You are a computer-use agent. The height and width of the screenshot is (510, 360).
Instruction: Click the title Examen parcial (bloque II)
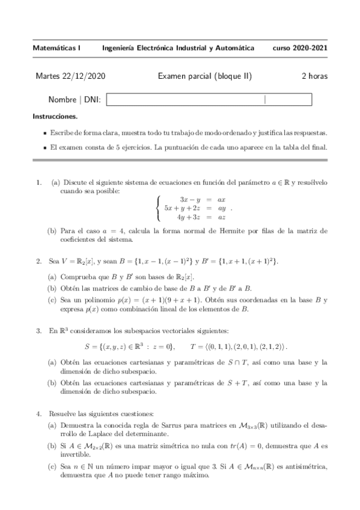pos(204,76)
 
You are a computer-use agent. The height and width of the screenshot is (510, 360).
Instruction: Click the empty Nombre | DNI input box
pos(209,100)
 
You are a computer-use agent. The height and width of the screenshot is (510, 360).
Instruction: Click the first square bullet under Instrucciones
pos(46,132)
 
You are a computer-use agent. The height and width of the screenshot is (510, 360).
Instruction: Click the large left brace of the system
pos(157,208)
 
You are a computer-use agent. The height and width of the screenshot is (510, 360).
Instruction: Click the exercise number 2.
pos(38,261)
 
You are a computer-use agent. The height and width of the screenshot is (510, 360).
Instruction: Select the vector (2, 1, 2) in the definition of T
pos(272,346)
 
